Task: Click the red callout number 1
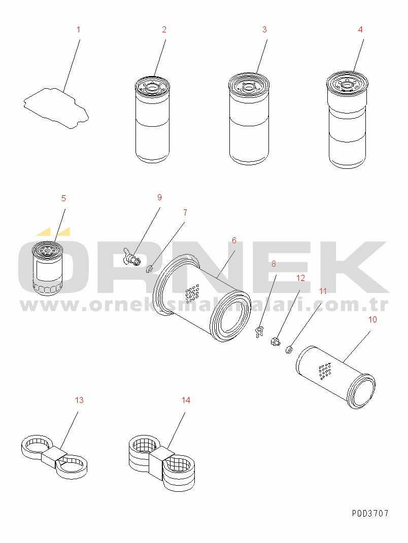(x=78, y=30)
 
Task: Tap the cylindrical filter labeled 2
(x=152, y=119)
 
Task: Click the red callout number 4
(x=360, y=30)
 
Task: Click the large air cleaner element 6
(x=202, y=298)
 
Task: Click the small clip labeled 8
(x=259, y=332)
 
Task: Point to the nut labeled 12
(x=275, y=342)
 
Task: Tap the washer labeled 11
(x=289, y=349)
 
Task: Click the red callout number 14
(x=186, y=401)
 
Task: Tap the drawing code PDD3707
(x=370, y=513)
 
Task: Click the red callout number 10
(x=372, y=319)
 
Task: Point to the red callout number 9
(x=159, y=197)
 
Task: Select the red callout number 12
(x=300, y=278)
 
